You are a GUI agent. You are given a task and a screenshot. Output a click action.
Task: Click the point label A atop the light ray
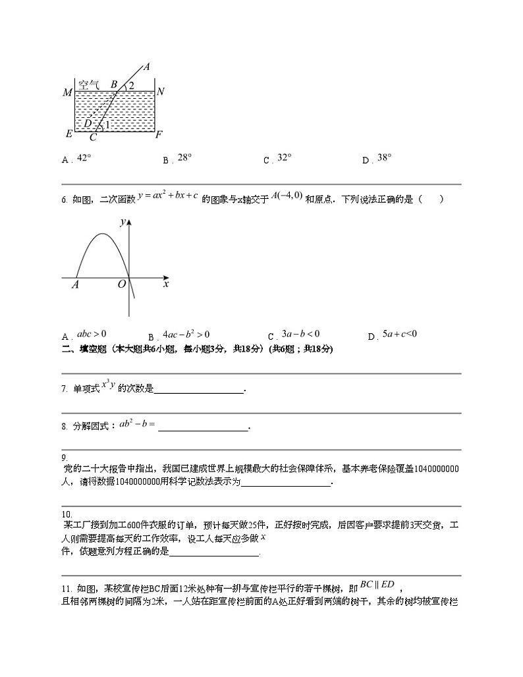pos(146,66)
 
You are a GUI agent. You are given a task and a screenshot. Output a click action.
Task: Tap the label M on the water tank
pos(67,93)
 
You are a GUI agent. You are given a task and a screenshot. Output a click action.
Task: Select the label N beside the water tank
pos(161,92)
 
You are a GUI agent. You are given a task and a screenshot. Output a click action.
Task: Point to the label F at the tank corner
pos(159,135)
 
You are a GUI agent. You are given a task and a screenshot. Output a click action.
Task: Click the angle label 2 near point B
pos(131,86)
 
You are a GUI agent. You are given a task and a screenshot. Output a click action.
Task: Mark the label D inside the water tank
pos(88,122)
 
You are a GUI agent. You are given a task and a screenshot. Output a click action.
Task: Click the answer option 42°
pos(84,158)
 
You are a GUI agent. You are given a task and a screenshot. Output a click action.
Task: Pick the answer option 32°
pos(284,158)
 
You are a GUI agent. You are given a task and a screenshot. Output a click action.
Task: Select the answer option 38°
pos(384,158)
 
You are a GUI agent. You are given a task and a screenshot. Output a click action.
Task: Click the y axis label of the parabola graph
pos(122,223)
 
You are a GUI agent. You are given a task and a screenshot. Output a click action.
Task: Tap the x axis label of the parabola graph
pos(166,284)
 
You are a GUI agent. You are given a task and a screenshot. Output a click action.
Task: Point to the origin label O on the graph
pos(121,284)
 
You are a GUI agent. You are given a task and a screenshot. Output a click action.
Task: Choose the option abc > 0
pos(92,334)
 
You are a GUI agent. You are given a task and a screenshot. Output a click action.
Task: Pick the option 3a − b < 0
pos(300,334)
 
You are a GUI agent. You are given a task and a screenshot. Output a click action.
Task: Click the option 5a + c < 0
pos(399,334)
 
